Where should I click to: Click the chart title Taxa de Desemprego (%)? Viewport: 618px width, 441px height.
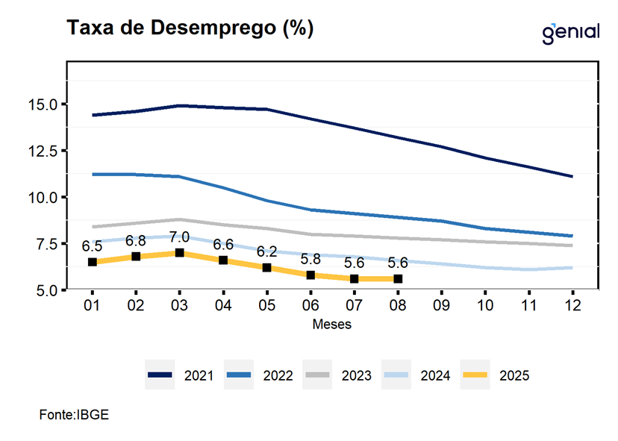point(190,28)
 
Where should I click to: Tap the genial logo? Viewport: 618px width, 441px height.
point(571,32)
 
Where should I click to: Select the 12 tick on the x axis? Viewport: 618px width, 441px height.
point(572,306)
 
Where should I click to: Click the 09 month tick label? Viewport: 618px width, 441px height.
point(441,306)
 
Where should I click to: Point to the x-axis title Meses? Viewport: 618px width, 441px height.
point(331,325)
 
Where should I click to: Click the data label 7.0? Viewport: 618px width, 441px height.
point(179,237)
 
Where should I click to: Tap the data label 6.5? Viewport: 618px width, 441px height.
point(92,245)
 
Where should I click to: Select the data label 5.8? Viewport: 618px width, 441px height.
point(310,259)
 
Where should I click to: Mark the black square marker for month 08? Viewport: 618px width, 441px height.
point(398,279)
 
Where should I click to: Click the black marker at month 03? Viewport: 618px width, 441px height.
point(179,253)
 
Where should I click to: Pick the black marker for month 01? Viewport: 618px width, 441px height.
point(93,262)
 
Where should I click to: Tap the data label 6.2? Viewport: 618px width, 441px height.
point(266,251)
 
